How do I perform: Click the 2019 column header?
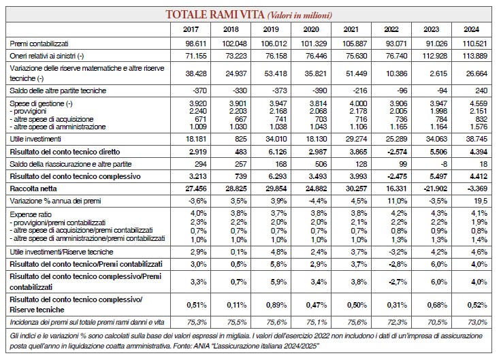[271, 29]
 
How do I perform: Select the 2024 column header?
[471, 29]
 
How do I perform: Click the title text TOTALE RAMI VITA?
[214, 14]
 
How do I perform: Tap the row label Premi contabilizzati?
[39, 44]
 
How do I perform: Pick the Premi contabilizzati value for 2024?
[474, 44]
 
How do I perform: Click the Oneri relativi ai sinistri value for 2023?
[434, 56]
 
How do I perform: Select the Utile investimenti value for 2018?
[240, 139]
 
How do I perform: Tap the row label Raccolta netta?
[33, 189]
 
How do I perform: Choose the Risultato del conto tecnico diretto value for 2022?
[397, 152]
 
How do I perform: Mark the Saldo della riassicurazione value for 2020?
[321, 164]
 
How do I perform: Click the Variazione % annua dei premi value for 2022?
[398, 201]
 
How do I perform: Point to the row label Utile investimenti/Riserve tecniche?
[61, 252]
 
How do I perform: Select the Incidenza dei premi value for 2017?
[197, 323]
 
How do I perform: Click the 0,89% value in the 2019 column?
[276, 305]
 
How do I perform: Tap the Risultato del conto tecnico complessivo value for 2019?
[276, 176]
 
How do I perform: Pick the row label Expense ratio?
[31, 214]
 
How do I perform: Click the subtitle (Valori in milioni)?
[300, 16]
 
